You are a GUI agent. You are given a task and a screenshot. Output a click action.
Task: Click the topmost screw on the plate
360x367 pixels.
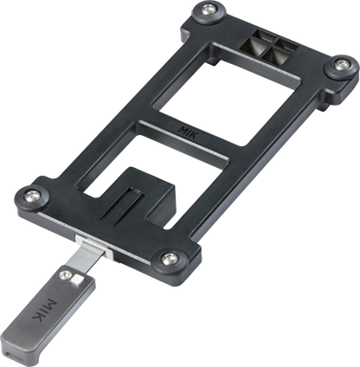pos(210,11)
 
